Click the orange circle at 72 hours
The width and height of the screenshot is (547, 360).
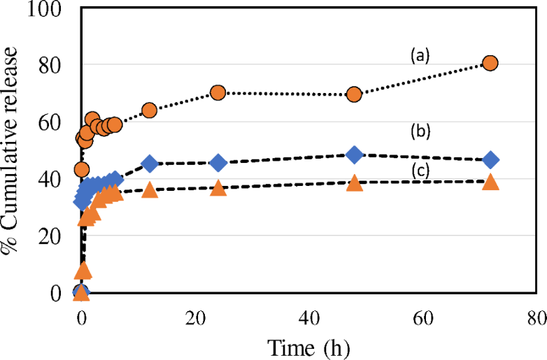click(x=490, y=63)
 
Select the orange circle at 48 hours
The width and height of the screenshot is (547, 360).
click(x=354, y=94)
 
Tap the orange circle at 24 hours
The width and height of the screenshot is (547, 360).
click(x=218, y=93)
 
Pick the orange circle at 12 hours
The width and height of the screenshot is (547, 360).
click(x=149, y=110)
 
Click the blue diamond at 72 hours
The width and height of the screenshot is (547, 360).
click(x=490, y=159)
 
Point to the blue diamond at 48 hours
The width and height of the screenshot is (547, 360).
click(x=354, y=154)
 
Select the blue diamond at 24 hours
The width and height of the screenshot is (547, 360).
click(x=218, y=163)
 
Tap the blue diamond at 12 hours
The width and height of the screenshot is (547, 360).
click(x=149, y=164)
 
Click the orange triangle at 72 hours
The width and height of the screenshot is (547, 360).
click(x=490, y=182)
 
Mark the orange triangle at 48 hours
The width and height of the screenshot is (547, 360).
click(x=354, y=183)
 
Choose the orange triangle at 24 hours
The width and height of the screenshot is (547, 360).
click(x=218, y=187)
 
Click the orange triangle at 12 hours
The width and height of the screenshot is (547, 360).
click(x=149, y=189)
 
